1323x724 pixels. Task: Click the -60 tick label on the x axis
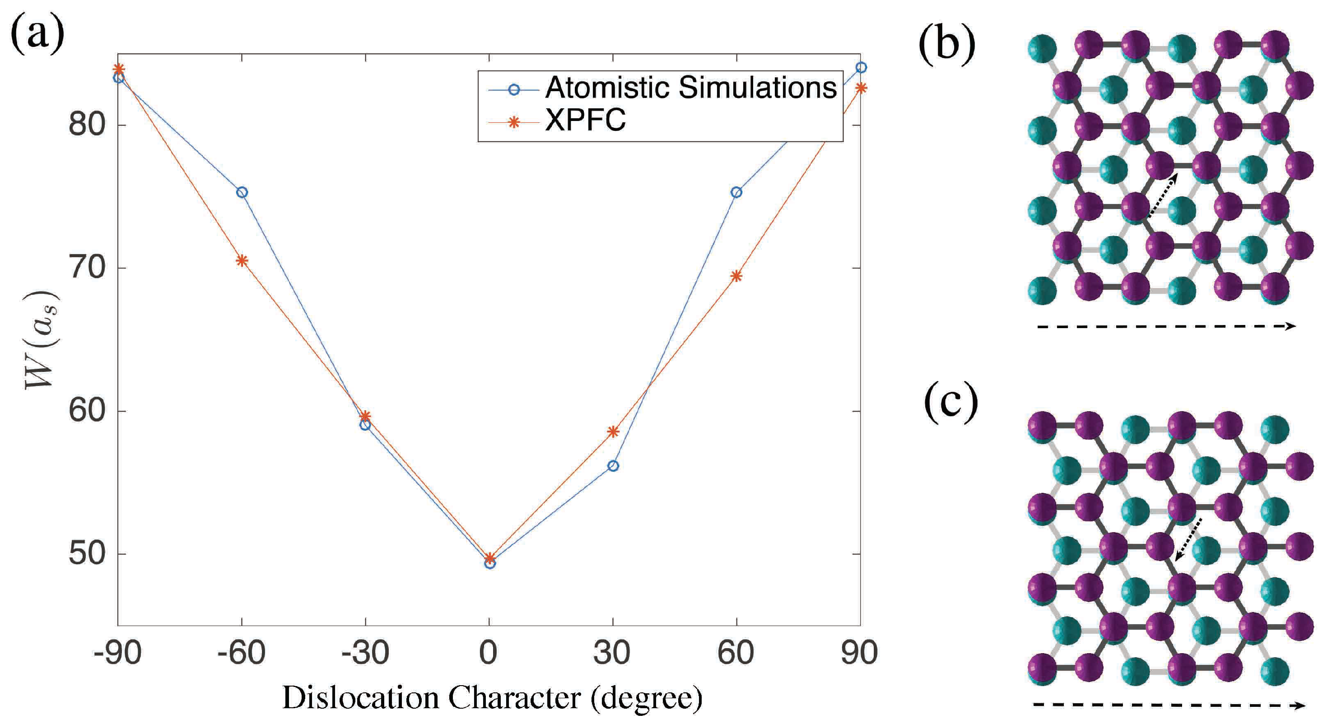[x=242, y=654]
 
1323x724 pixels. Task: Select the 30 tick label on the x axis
[x=612, y=654]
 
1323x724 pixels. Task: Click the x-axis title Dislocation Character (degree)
[x=492, y=698]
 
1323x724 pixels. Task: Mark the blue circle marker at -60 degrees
[x=242, y=193]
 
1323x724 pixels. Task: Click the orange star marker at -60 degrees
[x=242, y=261]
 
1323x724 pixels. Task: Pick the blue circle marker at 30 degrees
[x=613, y=466]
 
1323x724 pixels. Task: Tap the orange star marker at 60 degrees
[x=736, y=276]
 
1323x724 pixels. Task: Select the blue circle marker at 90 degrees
[x=861, y=68]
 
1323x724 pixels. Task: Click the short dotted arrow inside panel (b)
[x=1163, y=195]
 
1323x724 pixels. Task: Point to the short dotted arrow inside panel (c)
[x=1188, y=540]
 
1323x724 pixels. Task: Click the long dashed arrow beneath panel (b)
[x=1166, y=327]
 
